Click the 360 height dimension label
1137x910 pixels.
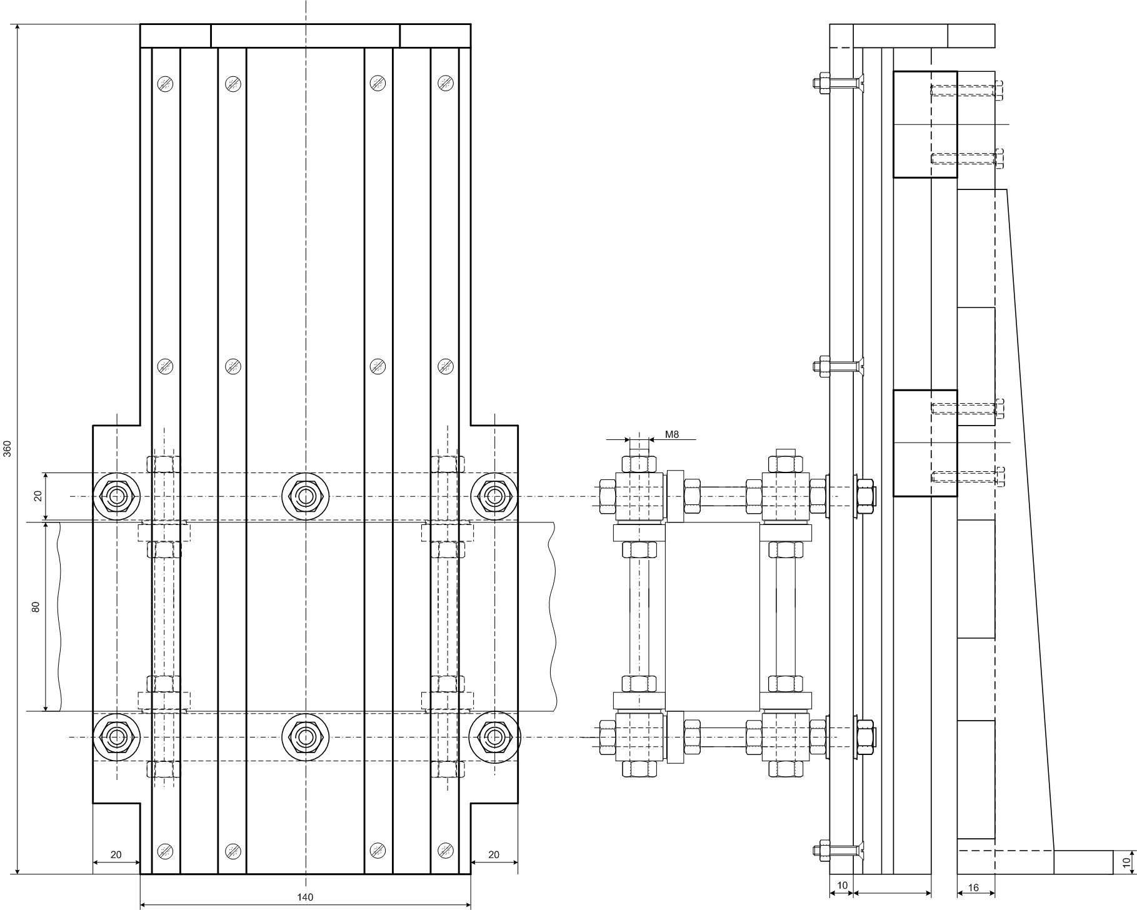point(8,449)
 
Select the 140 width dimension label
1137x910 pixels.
point(305,897)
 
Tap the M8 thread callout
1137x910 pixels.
point(672,434)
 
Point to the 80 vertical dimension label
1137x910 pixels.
point(36,607)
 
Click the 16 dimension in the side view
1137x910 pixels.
point(973,887)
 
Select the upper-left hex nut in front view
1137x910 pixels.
point(116,496)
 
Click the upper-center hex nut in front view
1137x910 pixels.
point(305,496)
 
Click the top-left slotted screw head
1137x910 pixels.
point(165,82)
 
